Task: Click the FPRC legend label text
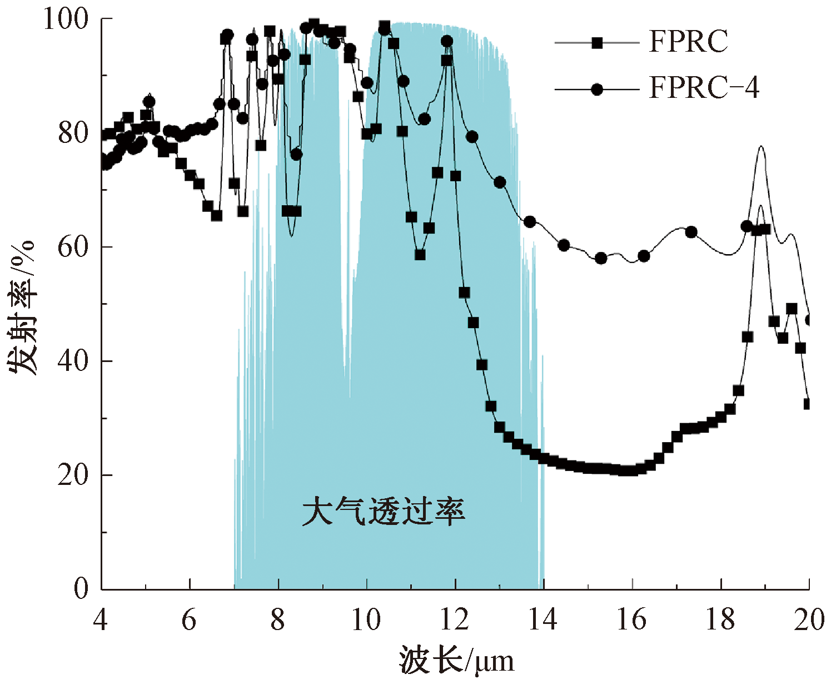688,42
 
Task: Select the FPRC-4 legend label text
704,88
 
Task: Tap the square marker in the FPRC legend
597,43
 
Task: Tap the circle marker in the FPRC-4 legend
597,89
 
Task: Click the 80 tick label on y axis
73,133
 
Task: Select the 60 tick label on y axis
73,247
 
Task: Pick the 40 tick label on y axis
73,361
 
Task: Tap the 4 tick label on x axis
101,619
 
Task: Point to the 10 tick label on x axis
366,619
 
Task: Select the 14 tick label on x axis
543,619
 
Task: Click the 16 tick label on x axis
632,619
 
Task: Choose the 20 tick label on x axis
809,619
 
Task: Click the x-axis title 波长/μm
456,661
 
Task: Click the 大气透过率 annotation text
383,512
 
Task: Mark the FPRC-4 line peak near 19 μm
760,147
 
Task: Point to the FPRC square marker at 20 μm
808,404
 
